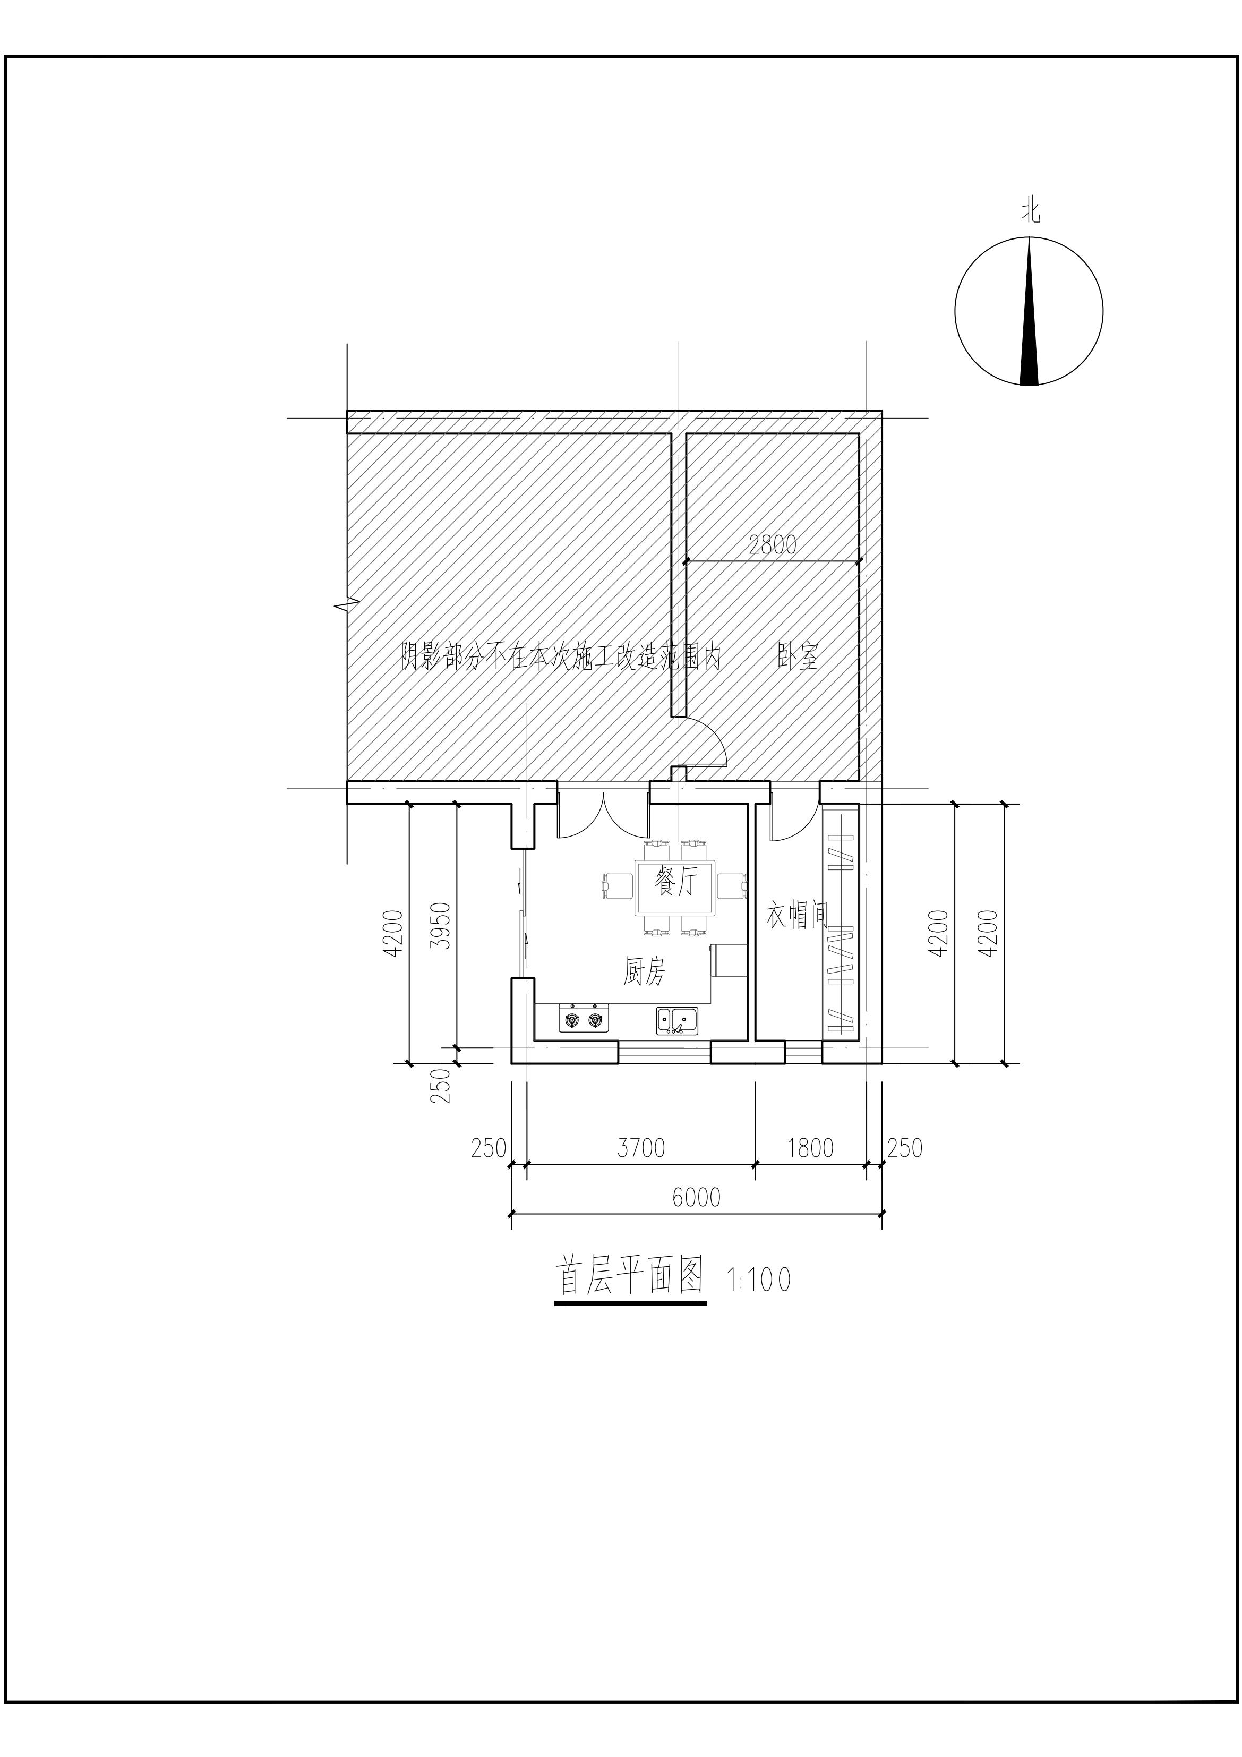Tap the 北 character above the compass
[1031, 210]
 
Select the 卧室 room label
[798, 656]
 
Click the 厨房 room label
[644, 973]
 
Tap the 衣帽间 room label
[798, 916]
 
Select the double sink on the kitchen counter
[676, 1020]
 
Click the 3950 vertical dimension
[440, 925]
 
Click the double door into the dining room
[604, 815]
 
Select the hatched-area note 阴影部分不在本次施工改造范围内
[561, 656]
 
